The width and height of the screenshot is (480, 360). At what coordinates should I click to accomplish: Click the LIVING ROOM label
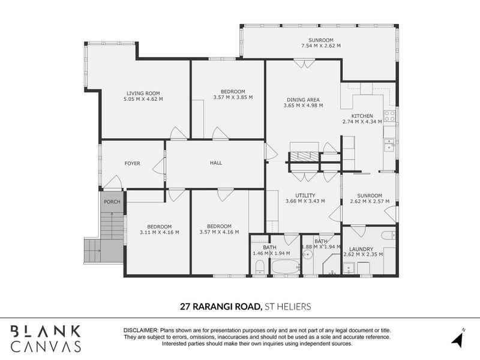coord(143,93)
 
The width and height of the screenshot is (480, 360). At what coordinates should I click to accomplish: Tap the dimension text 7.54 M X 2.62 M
coord(320,46)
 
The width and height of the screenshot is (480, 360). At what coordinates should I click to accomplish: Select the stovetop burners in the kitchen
coord(389,116)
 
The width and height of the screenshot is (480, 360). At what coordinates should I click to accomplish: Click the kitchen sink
coord(389,145)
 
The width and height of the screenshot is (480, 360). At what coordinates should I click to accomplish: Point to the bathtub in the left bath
coord(284,266)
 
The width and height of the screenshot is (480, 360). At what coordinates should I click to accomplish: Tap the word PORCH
coord(112,202)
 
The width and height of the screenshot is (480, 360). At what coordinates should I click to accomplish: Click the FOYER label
coord(132,163)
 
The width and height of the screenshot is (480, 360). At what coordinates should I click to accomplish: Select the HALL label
coord(216,163)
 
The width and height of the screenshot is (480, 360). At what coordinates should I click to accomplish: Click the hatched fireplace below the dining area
coord(305,157)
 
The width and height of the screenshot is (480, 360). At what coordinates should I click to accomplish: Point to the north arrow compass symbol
coord(458,337)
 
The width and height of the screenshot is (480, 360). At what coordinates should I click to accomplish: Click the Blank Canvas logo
coord(46,337)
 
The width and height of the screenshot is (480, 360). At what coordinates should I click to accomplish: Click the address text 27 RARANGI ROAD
coord(221,307)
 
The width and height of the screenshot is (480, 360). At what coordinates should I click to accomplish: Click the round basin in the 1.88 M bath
coord(308,254)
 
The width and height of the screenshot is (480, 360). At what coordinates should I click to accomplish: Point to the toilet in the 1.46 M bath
coord(259,269)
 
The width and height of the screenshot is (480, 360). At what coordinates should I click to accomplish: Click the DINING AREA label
coord(303,100)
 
